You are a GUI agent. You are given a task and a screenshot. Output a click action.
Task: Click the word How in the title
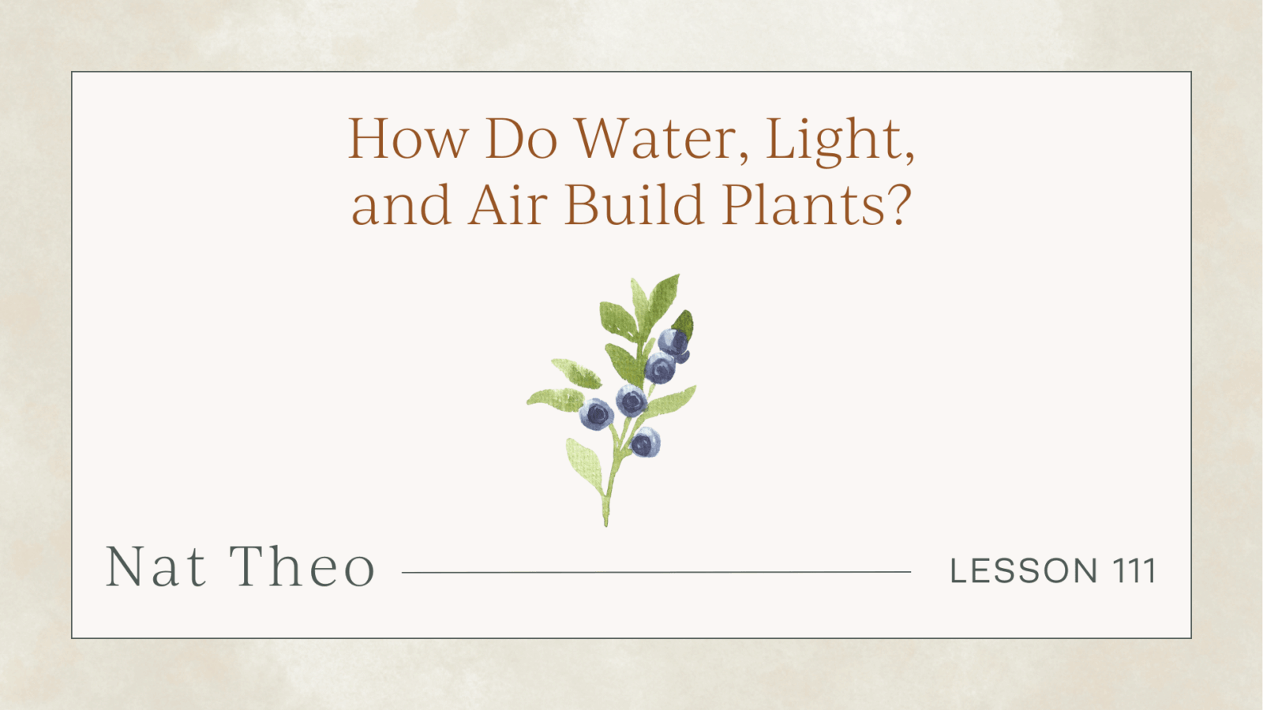tap(407, 140)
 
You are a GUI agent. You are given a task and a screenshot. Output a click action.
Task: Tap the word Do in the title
tap(521, 140)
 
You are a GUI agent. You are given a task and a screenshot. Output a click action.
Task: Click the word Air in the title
tap(508, 205)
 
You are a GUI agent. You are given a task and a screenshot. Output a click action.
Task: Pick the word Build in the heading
tap(634, 205)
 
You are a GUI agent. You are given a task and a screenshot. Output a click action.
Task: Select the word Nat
tap(156, 567)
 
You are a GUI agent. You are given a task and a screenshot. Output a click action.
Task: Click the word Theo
tap(303, 567)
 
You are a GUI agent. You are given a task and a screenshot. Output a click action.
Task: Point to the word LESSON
tap(1024, 571)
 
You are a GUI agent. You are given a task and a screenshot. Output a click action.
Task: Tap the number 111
tap(1135, 571)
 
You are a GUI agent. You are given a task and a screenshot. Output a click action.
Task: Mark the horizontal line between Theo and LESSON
tap(656, 572)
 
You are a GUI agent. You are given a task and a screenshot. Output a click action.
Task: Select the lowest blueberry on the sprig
tap(645, 442)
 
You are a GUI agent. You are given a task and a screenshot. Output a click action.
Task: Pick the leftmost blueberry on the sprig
tap(597, 414)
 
